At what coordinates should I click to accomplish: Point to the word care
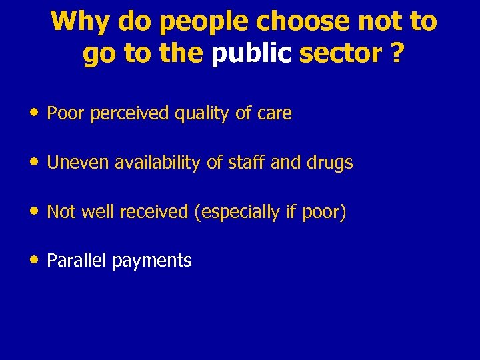coord(274,114)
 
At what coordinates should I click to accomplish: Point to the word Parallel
coord(77,261)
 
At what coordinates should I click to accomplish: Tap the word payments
coord(152,261)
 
